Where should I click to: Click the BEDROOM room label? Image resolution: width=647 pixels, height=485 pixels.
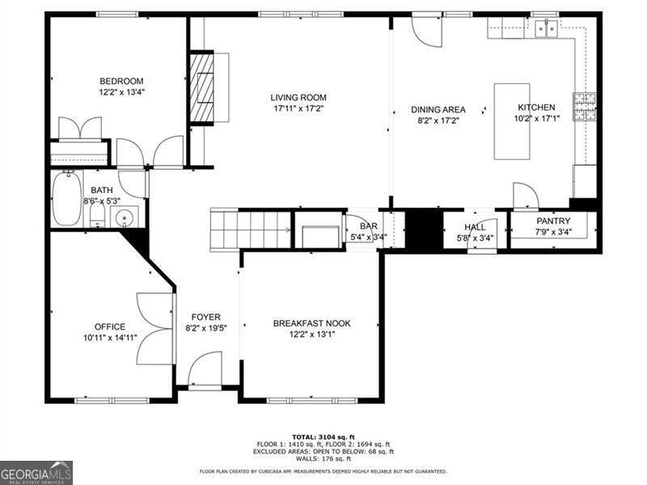pyautogui.click(x=121, y=81)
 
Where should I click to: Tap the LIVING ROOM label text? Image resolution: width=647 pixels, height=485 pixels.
pyautogui.click(x=298, y=98)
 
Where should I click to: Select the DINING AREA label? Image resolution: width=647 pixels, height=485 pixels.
pyautogui.click(x=438, y=110)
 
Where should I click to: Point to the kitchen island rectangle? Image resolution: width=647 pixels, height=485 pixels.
pyautogui.click(x=512, y=121)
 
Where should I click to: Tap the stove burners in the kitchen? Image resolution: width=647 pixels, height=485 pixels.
pyautogui.click(x=584, y=107)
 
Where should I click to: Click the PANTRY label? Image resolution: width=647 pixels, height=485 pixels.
pyautogui.click(x=553, y=221)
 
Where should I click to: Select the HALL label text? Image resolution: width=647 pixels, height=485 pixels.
pyautogui.click(x=475, y=227)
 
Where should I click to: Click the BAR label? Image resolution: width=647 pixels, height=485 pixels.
pyautogui.click(x=368, y=226)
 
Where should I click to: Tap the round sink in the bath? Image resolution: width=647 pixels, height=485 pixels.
pyautogui.click(x=125, y=217)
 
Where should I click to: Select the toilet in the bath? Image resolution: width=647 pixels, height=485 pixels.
pyautogui.click(x=96, y=214)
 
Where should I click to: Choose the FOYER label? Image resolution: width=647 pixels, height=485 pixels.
pyautogui.click(x=205, y=317)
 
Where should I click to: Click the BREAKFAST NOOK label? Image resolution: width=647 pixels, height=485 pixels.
pyautogui.click(x=311, y=323)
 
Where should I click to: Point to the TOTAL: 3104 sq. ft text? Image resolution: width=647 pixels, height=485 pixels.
pyautogui.click(x=323, y=436)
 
